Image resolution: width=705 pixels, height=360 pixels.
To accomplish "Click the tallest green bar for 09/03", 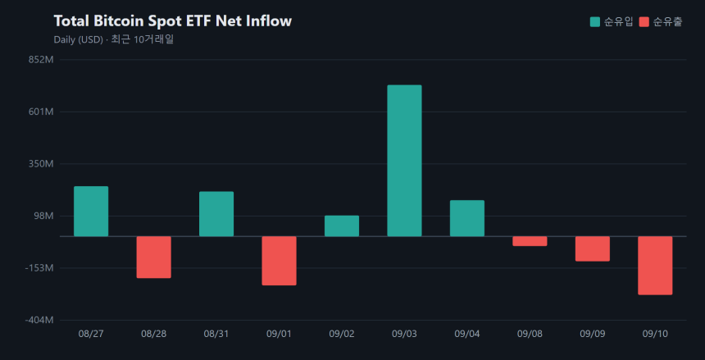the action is click(x=404, y=161).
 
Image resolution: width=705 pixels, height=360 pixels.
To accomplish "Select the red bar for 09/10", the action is click(x=655, y=266).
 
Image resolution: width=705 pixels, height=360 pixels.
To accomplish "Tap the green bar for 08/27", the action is click(x=91, y=211).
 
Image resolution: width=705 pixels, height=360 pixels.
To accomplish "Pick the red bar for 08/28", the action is click(x=154, y=257).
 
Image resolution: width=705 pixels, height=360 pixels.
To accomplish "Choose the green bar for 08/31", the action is click(x=216, y=214).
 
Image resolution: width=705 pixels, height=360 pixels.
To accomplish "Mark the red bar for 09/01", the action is click(x=280, y=261).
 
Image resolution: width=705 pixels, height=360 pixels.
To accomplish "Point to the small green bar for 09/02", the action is click(x=342, y=226).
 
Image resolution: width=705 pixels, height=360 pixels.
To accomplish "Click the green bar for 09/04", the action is click(x=467, y=218).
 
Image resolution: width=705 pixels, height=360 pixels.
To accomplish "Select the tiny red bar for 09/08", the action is click(x=530, y=241).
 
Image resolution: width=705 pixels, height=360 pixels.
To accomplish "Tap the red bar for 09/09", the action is click(x=593, y=248).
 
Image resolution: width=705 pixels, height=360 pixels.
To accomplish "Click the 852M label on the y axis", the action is click(x=42, y=59).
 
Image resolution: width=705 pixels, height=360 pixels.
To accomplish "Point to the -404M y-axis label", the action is click(x=39, y=320).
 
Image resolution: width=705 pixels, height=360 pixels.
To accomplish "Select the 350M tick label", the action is click(x=42, y=164).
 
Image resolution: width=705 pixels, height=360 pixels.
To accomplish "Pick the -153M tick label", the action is click(x=39, y=268).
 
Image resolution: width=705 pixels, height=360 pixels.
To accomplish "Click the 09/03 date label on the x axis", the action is click(x=404, y=334).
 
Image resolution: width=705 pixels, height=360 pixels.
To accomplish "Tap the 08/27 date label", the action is click(x=91, y=334).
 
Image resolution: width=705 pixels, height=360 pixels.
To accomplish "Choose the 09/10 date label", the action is click(x=655, y=334).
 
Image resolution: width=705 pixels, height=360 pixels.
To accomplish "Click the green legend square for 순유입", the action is click(x=595, y=21).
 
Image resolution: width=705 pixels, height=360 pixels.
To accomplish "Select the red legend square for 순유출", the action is click(x=644, y=21).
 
